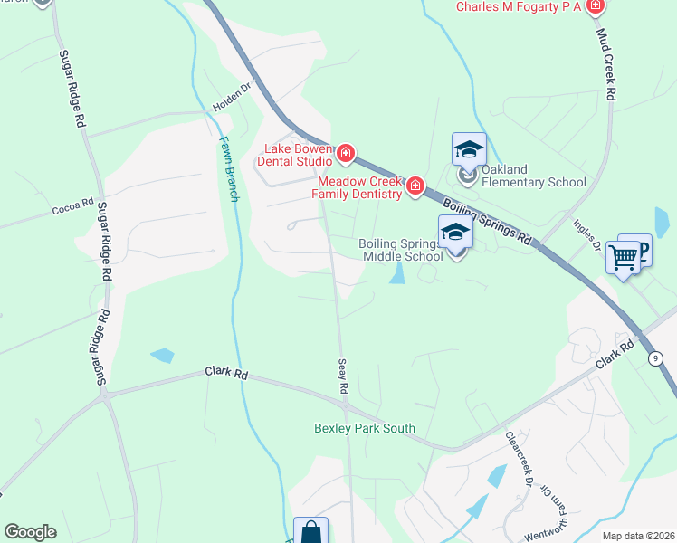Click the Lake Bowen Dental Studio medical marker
[344, 155]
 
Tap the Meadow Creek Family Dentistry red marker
[415, 186]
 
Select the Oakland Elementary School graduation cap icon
[469, 149]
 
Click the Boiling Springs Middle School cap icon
[454, 233]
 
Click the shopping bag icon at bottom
[310, 532]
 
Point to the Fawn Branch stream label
[227, 168]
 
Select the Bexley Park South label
[364, 428]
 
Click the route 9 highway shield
[654, 357]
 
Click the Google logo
[30, 532]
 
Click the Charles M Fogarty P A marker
[595, 7]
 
